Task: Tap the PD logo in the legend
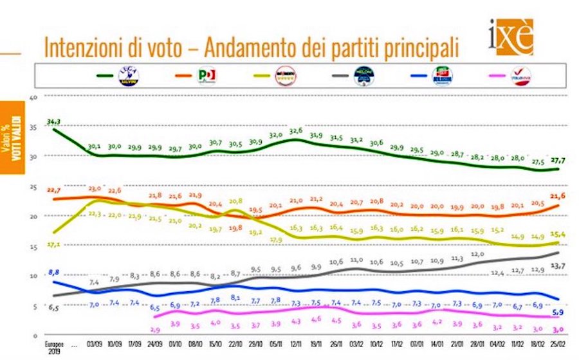click(x=207, y=76)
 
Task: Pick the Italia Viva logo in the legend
click(x=519, y=77)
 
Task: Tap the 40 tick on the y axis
click(x=35, y=97)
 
